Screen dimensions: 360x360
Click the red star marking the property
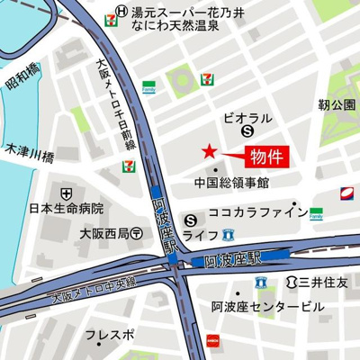[210, 150]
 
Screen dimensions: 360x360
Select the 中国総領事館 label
[231, 183]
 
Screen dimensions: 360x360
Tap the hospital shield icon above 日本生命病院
[66, 193]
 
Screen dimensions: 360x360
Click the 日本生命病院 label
[66, 209]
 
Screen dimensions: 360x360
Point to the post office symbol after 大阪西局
[136, 232]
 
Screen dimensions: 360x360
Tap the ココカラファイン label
[258, 213]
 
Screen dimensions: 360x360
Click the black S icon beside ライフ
[191, 219]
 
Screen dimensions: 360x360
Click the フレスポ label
[110, 335]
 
